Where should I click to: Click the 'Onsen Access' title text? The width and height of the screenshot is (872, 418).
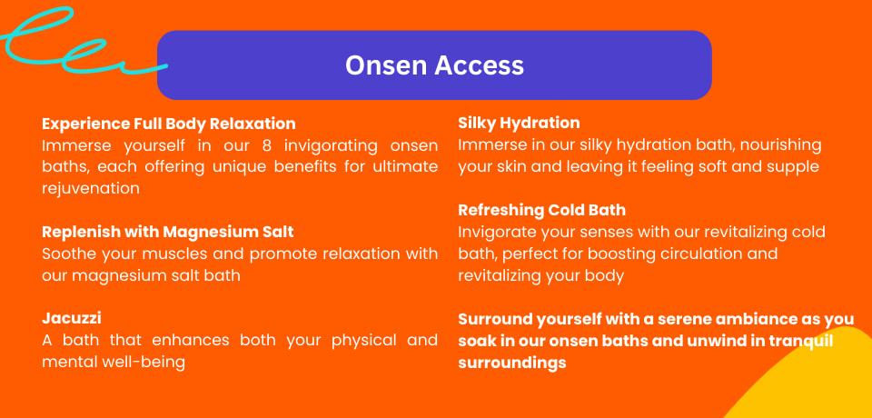[x=434, y=65]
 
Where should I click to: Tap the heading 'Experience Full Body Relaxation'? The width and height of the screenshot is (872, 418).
[x=169, y=124]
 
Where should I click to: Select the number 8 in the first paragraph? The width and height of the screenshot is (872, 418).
[x=266, y=145]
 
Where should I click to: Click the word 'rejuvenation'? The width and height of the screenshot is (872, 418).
[x=91, y=189]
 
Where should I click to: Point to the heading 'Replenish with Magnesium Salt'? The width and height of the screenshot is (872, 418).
[x=168, y=232]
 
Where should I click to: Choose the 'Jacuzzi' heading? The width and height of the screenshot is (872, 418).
[x=72, y=319]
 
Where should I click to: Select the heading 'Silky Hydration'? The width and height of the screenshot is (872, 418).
[x=519, y=123]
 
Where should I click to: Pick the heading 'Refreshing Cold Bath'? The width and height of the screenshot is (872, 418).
[x=541, y=211]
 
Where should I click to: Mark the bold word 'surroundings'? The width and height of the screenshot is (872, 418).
[x=512, y=363]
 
